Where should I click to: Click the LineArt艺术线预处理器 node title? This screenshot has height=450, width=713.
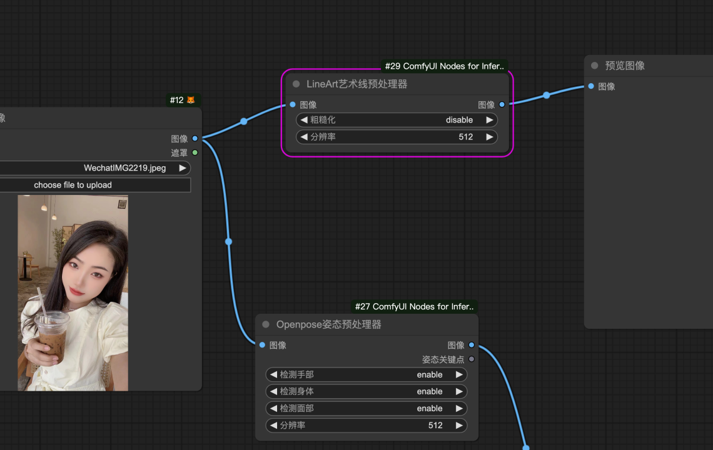click(356, 84)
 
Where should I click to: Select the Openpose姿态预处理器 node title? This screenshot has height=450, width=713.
click(328, 324)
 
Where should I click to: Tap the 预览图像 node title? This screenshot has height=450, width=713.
click(625, 66)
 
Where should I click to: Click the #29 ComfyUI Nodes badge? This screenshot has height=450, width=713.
click(444, 66)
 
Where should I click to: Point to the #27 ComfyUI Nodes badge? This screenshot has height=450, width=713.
click(414, 307)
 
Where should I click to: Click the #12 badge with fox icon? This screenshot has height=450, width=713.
click(183, 100)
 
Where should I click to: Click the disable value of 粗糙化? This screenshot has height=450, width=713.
click(459, 120)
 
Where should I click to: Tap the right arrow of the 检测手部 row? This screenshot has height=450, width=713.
click(459, 374)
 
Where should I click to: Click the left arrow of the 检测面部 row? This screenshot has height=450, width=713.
click(273, 409)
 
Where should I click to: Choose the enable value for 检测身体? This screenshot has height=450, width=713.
click(430, 391)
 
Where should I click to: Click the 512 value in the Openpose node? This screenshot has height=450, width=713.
click(435, 426)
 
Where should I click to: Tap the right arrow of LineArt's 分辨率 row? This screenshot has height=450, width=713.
click(490, 137)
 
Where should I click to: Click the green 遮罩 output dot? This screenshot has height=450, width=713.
click(195, 152)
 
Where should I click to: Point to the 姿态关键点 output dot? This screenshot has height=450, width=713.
click(472, 359)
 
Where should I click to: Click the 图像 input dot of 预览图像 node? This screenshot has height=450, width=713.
click(591, 86)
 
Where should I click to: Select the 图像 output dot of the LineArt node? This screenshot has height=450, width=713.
click(502, 104)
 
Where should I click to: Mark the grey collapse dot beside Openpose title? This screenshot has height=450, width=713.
click(266, 324)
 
